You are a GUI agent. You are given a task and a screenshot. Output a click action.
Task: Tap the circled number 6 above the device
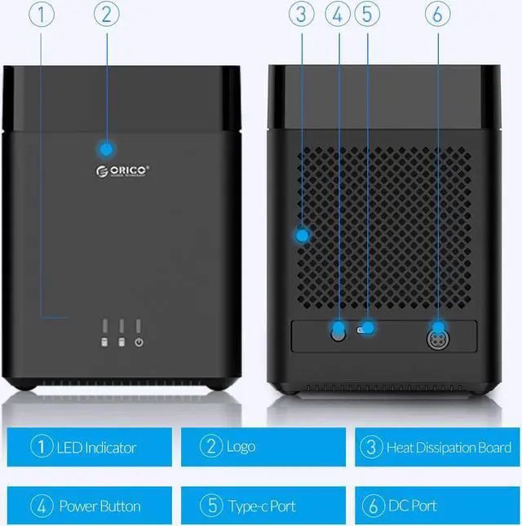tap(439, 13)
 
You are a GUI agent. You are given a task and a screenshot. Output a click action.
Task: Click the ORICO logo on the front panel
tap(122, 170)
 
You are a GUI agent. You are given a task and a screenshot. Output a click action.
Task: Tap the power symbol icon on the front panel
tap(139, 343)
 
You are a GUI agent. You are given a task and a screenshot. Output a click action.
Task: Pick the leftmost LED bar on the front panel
tap(104, 326)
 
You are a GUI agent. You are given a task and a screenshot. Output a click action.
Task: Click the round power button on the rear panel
tap(338, 332)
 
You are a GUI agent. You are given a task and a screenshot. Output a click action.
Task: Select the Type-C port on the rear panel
tap(367, 329)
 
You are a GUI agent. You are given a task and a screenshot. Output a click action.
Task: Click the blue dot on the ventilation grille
tap(302, 236)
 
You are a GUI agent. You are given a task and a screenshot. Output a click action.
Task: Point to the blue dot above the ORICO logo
tap(105, 148)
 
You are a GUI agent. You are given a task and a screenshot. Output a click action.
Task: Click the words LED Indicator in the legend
tap(97, 447)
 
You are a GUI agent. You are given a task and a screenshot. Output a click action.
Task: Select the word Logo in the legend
tap(241, 447)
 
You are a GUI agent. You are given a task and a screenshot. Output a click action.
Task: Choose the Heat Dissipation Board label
tap(449, 447)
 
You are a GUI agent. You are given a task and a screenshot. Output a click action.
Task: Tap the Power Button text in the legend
tap(100, 506)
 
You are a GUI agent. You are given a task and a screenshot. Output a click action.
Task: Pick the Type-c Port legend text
tap(261, 506)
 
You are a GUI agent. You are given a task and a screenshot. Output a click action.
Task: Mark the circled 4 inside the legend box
tap(42, 506)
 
